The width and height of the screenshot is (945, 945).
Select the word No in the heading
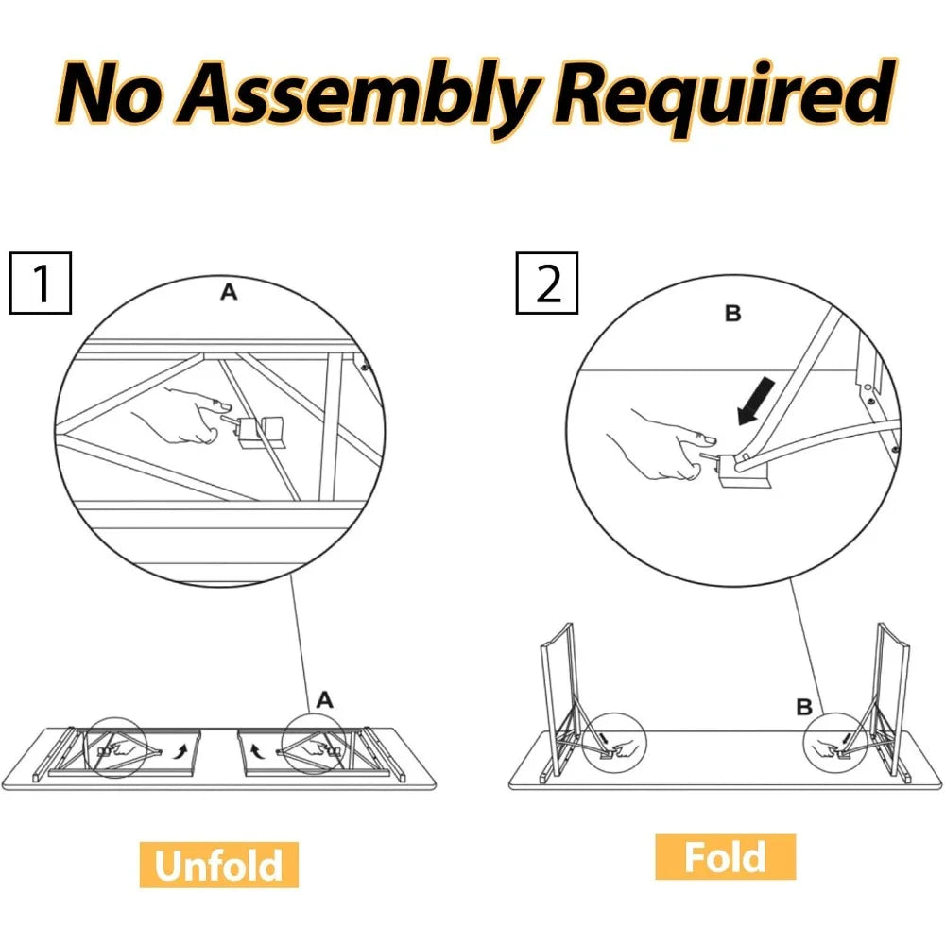112,94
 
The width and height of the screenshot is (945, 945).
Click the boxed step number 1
41,283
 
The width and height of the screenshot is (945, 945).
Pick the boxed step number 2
547,283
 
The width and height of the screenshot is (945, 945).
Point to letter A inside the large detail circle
229,292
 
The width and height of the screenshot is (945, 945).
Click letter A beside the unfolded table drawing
324,699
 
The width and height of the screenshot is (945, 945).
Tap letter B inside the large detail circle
733,314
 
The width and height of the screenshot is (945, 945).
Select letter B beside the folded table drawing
804,707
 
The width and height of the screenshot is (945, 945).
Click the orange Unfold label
219,865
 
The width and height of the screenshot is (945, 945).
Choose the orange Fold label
726,857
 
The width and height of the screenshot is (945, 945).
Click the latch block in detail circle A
264,432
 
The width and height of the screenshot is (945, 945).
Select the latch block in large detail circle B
747,470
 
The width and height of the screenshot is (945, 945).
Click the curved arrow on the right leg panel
255,751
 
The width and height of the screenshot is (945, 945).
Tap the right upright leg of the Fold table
892,699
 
